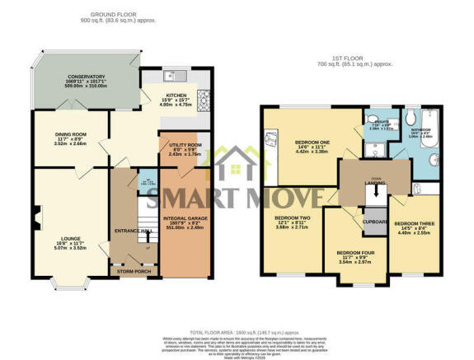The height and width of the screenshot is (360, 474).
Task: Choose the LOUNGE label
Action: pyautogui.click(x=70, y=237)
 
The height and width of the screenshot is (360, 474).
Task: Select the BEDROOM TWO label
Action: pyautogui.click(x=290, y=218)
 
